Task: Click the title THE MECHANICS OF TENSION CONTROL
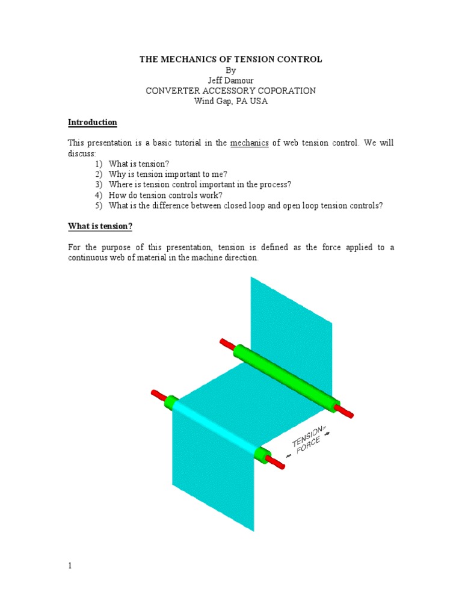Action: (x=231, y=60)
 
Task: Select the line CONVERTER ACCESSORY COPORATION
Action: (x=231, y=91)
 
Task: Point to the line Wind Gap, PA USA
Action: (x=231, y=101)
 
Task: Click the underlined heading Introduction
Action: (x=92, y=123)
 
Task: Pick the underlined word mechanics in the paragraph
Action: (x=250, y=143)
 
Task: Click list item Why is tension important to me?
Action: (x=168, y=174)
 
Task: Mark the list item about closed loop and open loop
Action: (x=245, y=206)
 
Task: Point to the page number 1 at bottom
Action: (x=70, y=566)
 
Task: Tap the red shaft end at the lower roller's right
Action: (x=274, y=463)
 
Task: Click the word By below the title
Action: (x=231, y=70)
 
